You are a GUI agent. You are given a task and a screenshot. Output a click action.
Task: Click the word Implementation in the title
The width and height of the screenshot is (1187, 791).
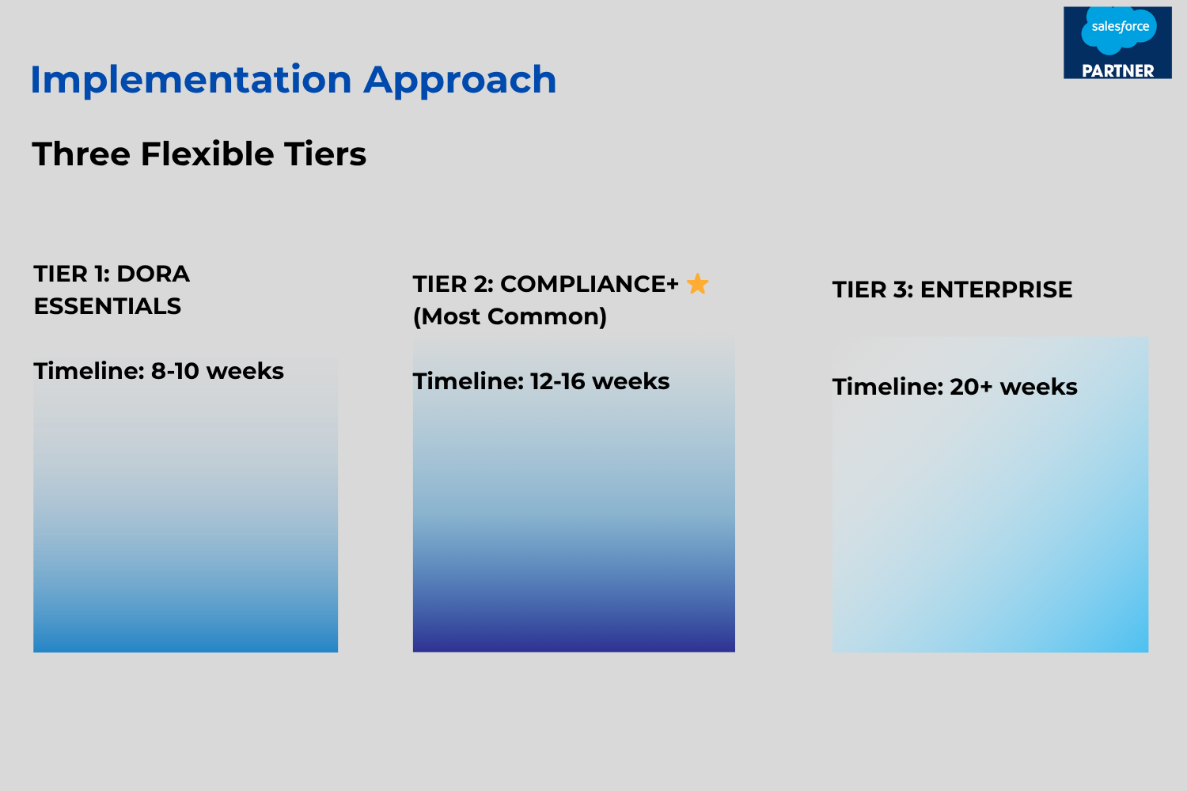(192, 79)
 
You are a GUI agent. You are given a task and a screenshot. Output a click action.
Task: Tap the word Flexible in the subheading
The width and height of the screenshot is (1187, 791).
(207, 154)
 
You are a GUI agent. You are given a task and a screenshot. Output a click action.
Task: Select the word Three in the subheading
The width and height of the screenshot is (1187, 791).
(81, 154)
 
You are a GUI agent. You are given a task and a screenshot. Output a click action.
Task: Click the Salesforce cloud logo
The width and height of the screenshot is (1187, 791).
(1119, 30)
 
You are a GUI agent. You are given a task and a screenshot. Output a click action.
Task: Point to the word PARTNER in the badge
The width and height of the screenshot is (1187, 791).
(1118, 71)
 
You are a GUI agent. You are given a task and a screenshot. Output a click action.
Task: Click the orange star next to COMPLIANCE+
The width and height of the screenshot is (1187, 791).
(697, 283)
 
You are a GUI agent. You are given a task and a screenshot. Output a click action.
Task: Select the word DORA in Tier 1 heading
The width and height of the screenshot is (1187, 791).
(154, 274)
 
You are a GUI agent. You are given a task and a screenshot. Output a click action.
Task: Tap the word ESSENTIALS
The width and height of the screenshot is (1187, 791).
(108, 306)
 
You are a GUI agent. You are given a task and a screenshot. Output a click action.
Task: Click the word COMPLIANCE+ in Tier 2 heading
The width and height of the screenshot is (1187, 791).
(590, 284)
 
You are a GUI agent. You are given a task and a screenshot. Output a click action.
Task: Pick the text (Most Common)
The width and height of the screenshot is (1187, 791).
(510, 317)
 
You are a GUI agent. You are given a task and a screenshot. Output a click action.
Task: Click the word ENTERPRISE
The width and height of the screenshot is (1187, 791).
(996, 290)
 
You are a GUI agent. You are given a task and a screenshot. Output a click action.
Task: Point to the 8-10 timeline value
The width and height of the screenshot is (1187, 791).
(176, 371)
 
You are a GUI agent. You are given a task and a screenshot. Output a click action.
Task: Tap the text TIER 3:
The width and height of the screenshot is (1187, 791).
(873, 290)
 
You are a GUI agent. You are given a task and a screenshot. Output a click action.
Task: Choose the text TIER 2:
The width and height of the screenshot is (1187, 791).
(453, 284)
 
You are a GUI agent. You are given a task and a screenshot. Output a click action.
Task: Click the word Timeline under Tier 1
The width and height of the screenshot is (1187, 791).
(89, 371)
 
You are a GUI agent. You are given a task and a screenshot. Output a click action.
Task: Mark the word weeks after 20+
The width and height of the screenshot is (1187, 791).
(1038, 387)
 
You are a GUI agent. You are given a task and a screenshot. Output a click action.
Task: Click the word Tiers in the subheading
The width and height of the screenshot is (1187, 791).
(324, 154)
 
